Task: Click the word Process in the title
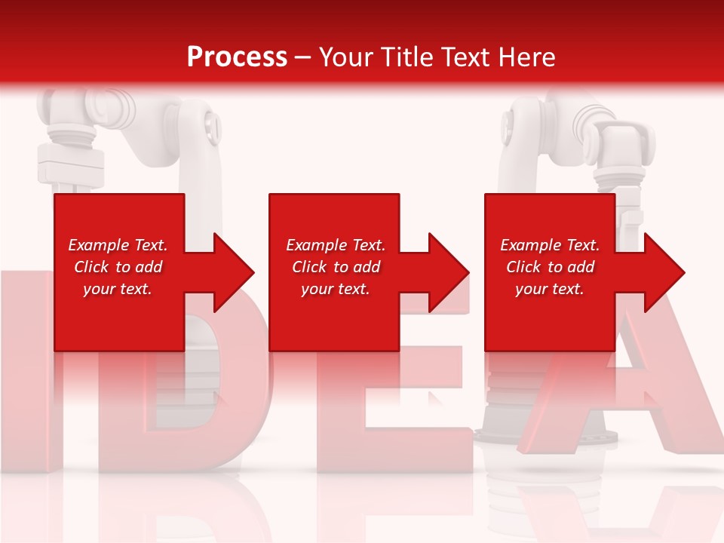237,57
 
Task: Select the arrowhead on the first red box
231,272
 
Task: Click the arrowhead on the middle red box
446,272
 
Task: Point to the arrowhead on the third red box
661,272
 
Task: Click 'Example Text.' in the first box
118,245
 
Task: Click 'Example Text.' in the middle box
336,245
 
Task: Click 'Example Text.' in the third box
550,245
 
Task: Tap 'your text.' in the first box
118,289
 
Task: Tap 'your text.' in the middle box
336,289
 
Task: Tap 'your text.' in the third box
550,289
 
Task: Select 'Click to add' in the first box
118,267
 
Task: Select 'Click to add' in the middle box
336,267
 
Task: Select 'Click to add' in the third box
550,267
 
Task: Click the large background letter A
641,392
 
